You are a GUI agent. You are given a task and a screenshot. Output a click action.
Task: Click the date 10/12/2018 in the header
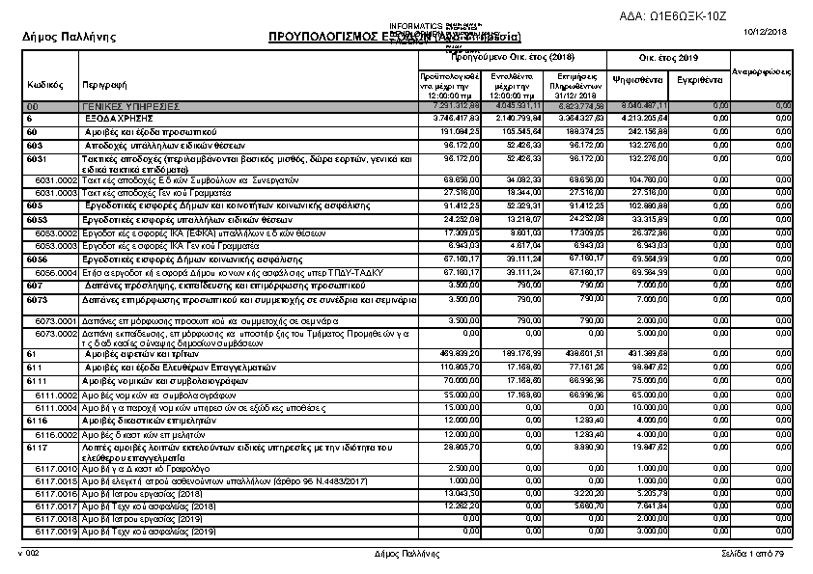click(769, 33)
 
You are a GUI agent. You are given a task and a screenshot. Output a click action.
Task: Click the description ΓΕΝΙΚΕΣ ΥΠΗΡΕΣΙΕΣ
click(131, 105)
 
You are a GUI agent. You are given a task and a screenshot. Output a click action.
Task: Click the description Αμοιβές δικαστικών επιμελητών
click(141, 421)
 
